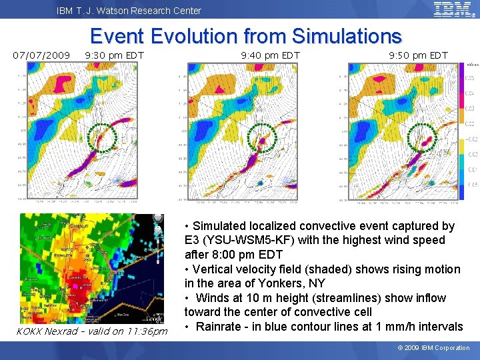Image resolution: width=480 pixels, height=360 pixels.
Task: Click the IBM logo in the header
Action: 451,9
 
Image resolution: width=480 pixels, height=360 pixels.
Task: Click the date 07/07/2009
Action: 42,55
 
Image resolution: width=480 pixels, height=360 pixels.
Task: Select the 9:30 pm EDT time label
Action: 115,55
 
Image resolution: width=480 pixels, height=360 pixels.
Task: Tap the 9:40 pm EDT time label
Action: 270,55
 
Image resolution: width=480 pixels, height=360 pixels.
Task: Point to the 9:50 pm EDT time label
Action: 418,55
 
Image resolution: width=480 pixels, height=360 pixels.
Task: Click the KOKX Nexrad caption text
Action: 91,331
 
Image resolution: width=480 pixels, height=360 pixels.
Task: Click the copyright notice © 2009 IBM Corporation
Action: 433,347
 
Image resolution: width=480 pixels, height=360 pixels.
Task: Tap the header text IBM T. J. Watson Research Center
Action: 129,10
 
